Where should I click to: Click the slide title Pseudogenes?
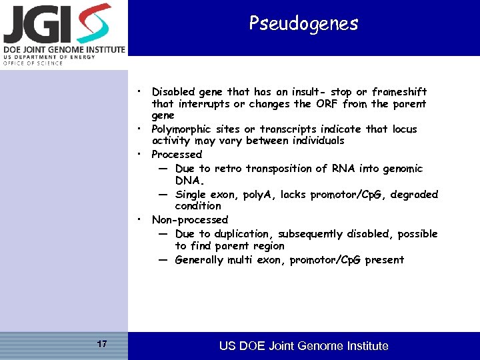(303, 24)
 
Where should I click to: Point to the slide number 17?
(102, 344)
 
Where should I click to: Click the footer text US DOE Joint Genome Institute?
(303, 346)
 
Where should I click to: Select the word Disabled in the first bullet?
(173, 91)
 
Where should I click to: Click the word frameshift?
(399, 91)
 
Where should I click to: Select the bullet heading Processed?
(177, 154)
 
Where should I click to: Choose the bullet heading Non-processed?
(190, 219)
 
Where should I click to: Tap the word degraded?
(414, 195)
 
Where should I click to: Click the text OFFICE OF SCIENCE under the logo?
(33, 63)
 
